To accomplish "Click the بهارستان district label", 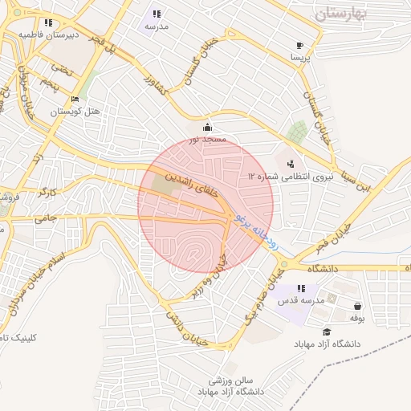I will (x=351, y=14).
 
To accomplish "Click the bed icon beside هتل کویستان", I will (x=75, y=100).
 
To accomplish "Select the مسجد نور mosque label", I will (x=208, y=140).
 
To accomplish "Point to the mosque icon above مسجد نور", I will (x=208, y=127).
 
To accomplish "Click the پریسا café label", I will (x=299, y=59).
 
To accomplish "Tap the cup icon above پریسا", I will (x=299, y=46).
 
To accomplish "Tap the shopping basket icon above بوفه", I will (x=357, y=306).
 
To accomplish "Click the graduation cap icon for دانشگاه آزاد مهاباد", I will (x=326, y=332).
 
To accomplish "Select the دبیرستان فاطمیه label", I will (x=50, y=35).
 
